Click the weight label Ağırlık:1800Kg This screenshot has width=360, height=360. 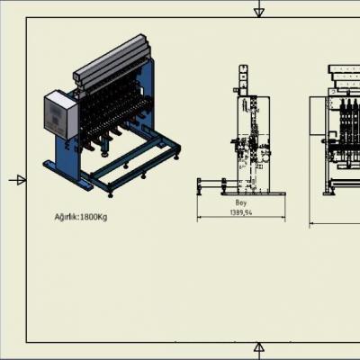click(x=81, y=217)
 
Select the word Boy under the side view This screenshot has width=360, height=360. click(x=241, y=202)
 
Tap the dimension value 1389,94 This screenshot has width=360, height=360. click(x=241, y=212)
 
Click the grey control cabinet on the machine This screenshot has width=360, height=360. click(x=60, y=114)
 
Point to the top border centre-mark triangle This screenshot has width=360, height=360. click(x=259, y=13)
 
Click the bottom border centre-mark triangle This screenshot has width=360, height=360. click(x=259, y=347)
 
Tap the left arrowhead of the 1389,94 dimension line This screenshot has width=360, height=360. click(x=199, y=217)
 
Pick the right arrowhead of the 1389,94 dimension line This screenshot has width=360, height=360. click(x=283, y=217)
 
